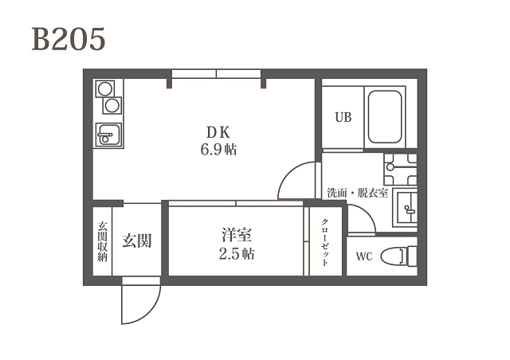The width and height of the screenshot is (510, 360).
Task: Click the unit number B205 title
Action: click(x=69, y=39)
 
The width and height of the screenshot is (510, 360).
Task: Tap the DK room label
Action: click(x=218, y=132)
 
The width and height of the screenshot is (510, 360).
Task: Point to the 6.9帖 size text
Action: click(x=218, y=150)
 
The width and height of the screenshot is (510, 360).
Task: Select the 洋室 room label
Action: click(x=237, y=235)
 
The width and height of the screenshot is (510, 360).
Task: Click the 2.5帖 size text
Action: click(x=237, y=254)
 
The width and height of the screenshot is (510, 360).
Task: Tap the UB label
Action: click(x=343, y=117)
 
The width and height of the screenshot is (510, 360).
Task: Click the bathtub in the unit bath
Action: click(x=385, y=117)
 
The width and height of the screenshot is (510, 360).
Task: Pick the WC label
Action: click(x=364, y=256)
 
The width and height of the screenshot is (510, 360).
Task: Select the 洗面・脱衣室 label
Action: click(x=358, y=194)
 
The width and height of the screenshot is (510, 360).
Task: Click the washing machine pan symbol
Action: click(x=400, y=169)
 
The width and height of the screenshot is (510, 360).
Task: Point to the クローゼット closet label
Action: click(x=324, y=242)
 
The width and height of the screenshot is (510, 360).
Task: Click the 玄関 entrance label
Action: click(x=137, y=241)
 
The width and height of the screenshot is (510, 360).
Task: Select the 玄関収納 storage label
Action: click(x=103, y=241)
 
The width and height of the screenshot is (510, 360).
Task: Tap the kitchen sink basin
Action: click(x=109, y=135)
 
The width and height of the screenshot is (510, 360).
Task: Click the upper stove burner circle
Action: click(x=105, y=88)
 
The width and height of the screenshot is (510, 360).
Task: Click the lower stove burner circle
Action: click(x=112, y=105)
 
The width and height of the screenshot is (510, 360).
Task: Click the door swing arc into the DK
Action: click(x=288, y=172)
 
